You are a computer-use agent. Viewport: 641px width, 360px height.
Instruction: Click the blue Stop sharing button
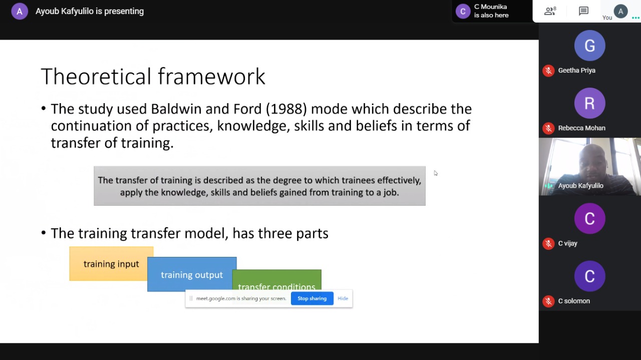(312, 298)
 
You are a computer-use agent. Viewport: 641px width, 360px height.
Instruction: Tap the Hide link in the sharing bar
(343, 298)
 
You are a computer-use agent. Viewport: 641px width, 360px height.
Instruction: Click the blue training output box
(192, 274)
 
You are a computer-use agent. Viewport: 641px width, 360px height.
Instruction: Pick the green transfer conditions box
(277, 279)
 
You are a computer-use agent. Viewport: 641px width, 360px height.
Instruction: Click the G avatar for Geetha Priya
(589, 46)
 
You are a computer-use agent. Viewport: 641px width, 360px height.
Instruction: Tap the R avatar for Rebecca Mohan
(589, 103)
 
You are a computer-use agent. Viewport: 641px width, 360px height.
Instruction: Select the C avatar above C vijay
(589, 219)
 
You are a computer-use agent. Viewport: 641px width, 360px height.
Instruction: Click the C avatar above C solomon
(589, 276)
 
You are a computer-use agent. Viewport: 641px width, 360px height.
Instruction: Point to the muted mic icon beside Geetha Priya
(548, 71)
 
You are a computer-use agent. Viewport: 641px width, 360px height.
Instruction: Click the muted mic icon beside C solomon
(548, 301)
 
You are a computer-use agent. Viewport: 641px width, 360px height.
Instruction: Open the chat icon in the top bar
(583, 11)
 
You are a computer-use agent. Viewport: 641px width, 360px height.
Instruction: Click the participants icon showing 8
(550, 11)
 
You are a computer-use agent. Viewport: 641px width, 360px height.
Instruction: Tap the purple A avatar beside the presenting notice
(20, 12)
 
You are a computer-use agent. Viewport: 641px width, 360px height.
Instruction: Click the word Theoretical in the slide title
(96, 77)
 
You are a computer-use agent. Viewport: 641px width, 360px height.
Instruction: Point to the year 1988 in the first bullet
(286, 109)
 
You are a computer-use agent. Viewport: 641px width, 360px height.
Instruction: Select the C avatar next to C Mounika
(463, 12)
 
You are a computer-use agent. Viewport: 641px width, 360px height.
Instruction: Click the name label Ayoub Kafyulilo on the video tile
(580, 186)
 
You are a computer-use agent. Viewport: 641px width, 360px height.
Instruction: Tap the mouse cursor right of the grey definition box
(436, 173)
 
